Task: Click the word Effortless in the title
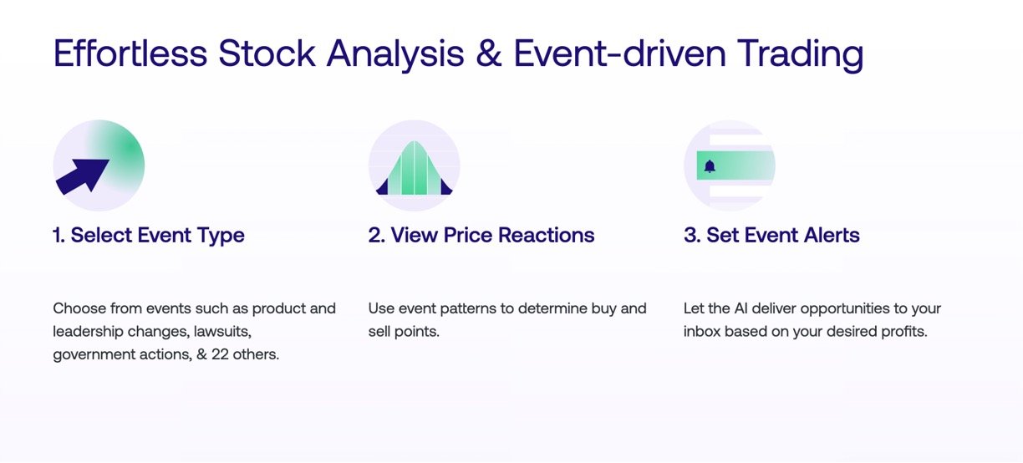130,53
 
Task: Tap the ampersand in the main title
488,53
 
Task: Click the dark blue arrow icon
83,176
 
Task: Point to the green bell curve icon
415,168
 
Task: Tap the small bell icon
710,166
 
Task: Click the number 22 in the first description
220,354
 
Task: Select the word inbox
701,332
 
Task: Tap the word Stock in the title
267,53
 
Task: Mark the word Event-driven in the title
620,53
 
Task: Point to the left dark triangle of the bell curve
383,188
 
